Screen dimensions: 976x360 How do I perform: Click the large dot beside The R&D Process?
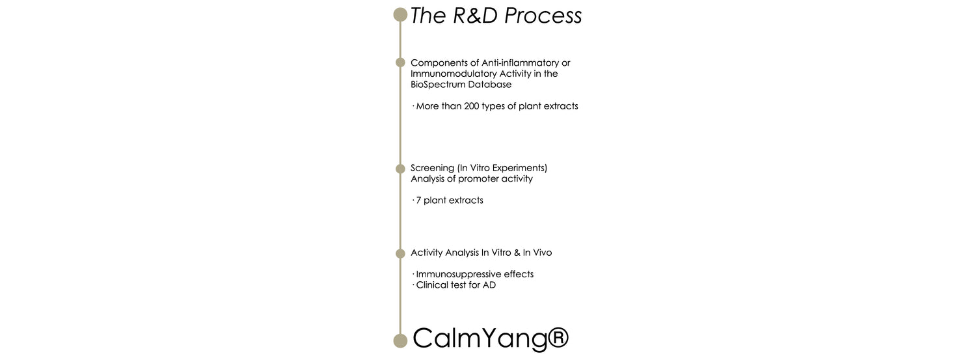coord(400,15)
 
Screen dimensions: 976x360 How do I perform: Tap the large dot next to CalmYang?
coord(400,341)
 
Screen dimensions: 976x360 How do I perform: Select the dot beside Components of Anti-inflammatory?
coord(400,62)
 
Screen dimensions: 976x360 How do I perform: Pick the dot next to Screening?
coord(400,169)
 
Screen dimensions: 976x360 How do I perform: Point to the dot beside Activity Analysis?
coord(400,253)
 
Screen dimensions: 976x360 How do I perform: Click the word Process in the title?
coord(543,16)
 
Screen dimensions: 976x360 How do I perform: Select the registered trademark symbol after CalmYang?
coord(558,337)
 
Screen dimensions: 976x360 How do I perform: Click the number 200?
coord(472,106)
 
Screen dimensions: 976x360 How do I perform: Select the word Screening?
coord(432,168)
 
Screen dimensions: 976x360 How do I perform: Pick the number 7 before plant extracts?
coord(419,201)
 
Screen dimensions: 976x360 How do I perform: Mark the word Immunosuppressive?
coord(458,275)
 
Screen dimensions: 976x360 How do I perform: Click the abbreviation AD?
coord(489,285)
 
